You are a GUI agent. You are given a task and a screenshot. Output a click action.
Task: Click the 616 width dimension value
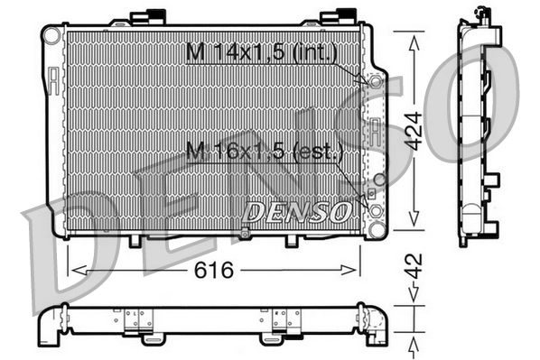(215, 270)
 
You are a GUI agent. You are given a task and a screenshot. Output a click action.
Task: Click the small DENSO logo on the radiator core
(297, 212)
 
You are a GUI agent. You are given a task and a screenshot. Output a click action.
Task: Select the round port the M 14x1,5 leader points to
(372, 81)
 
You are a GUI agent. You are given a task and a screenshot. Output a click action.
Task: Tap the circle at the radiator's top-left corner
(52, 35)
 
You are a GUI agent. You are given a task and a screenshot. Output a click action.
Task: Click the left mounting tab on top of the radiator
(143, 17)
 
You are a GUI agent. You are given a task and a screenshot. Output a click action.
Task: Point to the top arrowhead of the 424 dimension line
(413, 41)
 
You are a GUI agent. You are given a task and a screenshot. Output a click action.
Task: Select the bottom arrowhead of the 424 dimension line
(413, 222)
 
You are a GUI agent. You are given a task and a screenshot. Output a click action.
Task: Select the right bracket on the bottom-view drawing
(285, 318)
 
